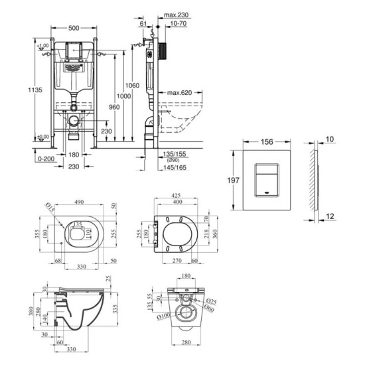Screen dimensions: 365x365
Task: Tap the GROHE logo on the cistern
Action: [72, 68]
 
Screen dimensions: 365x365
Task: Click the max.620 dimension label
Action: [179, 92]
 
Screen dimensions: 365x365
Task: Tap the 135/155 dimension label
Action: [175, 153]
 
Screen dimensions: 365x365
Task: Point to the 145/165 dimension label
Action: [175, 168]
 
